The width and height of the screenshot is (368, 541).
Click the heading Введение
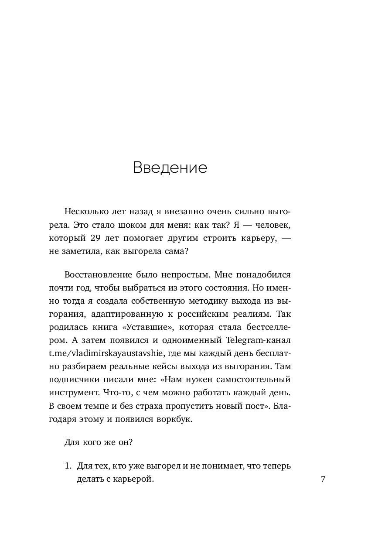tap(170, 168)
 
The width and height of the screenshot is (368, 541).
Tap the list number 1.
tap(68, 466)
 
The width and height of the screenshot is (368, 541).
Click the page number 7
tap(323, 479)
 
